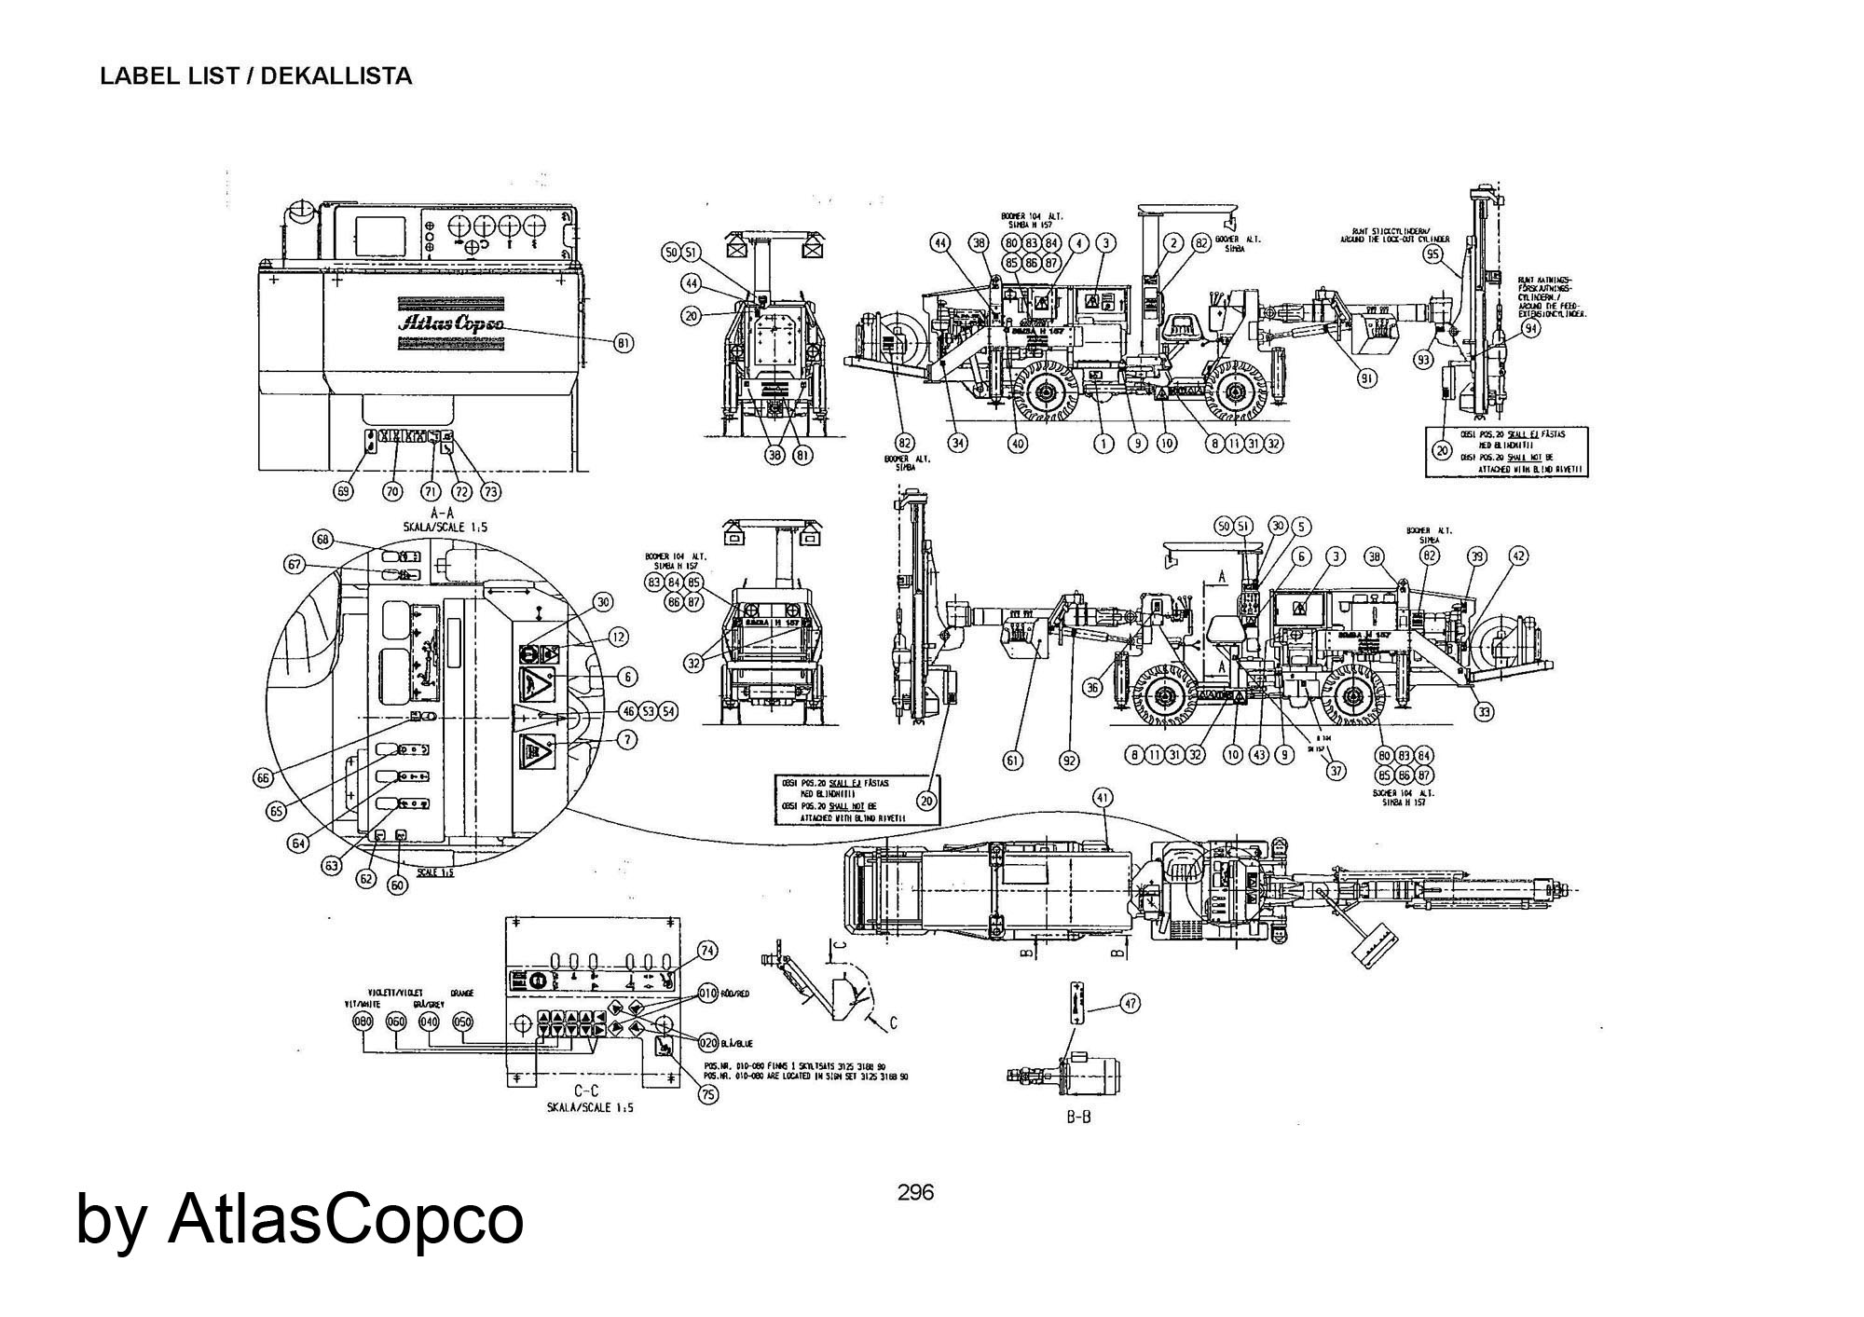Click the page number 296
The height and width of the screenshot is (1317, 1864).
point(914,1192)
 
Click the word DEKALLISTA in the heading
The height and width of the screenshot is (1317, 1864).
point(336,76)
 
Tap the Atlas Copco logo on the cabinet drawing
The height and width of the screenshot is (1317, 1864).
point(452,322)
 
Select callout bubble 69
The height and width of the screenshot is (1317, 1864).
point(345,490)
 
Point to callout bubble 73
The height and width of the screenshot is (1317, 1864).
point(490,490)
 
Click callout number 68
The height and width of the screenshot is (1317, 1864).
point(323,540)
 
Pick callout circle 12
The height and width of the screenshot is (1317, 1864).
point(618,638)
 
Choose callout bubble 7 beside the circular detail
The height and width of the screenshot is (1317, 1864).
point(627,739)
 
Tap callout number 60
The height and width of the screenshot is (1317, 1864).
point(398,885)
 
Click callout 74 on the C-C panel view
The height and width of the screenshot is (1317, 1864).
point(708,951)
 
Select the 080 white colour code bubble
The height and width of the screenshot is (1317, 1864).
point(363,1022)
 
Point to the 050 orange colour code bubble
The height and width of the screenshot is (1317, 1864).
point(462,1022)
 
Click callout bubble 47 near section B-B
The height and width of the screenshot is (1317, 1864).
point(1130,1004)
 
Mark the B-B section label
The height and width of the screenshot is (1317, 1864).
point(1078,1117)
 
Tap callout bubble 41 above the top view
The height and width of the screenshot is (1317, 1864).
point(1103,798)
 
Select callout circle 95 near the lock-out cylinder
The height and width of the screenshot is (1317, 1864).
point(1433,254)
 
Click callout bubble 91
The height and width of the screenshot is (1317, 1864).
point(1366,378)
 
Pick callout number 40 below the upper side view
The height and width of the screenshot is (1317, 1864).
point(1018,444)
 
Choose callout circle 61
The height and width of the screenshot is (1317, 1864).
point(1012,761)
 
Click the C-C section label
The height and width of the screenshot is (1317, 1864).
point(585,1091)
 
